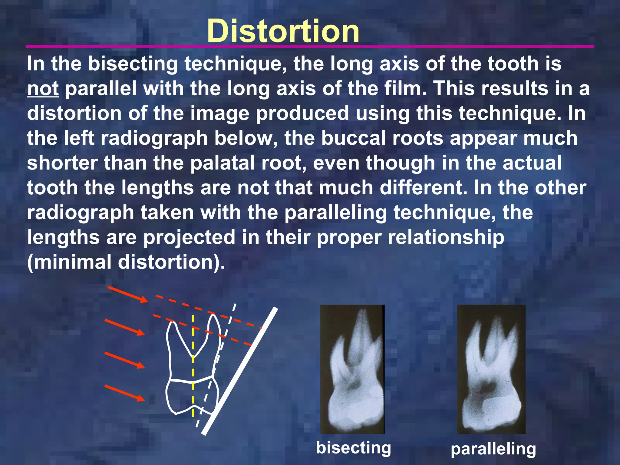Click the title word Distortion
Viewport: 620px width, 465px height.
click(283, 31)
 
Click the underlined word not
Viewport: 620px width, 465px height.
click(43, 89)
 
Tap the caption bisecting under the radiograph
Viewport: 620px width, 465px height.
click(353, 448)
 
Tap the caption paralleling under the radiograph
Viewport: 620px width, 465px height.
click(493, 449)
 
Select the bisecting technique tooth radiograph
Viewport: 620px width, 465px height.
click(352, 369)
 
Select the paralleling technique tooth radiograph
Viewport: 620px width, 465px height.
click(491, 369)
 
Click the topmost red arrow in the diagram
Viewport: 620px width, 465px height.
click(128, 294)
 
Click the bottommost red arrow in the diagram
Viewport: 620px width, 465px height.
click(124, 393)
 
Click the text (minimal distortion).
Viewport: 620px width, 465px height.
click(126, 262)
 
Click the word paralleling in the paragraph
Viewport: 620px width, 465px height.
click(335, 213)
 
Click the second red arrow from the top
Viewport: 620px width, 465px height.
click(124, 327)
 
